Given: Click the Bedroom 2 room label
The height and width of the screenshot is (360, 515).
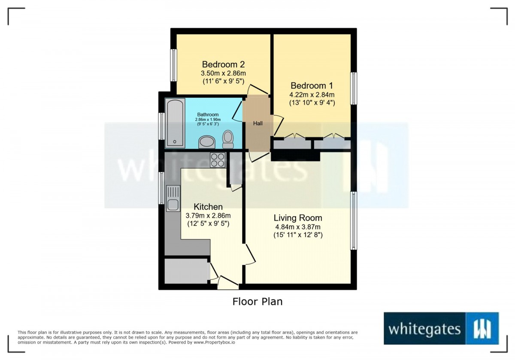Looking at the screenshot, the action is click(x=223, y=64).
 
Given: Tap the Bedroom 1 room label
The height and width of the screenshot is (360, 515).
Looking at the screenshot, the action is click(x=312, y=86).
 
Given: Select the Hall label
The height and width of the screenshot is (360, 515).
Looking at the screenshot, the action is click(x=258, y=124).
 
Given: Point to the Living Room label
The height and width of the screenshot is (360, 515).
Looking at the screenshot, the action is click(x=298, y=218).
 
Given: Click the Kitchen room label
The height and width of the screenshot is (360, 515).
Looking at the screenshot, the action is click(x=208, y=207).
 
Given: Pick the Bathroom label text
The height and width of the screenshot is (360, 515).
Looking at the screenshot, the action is click(x=208, y=115).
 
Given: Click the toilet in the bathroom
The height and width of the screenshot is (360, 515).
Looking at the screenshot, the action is click(x=228, y=139).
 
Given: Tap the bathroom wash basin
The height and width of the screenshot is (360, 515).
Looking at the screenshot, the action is click(x=207, y=142).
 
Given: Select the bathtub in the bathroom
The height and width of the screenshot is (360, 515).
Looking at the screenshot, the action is click(x=175, y=123).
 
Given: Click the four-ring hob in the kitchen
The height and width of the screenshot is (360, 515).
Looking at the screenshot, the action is click(x=218, y=160).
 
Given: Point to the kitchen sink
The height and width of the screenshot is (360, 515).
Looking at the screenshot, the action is click(x=173, y=198).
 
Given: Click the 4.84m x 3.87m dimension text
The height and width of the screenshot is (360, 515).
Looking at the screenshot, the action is click(x=298, y=227).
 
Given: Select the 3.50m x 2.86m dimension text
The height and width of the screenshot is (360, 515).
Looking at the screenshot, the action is click(x=223, y=73).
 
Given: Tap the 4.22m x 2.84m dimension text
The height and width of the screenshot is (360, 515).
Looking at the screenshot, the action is click(x=312, y=94).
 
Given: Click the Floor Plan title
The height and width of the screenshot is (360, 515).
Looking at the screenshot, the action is click(x=257, y=302).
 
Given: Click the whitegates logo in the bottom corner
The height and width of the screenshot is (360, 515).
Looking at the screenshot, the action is click(x=441, y=328).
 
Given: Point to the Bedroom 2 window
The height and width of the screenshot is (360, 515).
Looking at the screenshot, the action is click(x=174, y=65).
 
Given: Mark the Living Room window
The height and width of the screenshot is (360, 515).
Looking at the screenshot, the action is click(x=354, y=221).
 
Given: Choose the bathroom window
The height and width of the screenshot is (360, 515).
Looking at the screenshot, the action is click(x=162, y=126).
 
